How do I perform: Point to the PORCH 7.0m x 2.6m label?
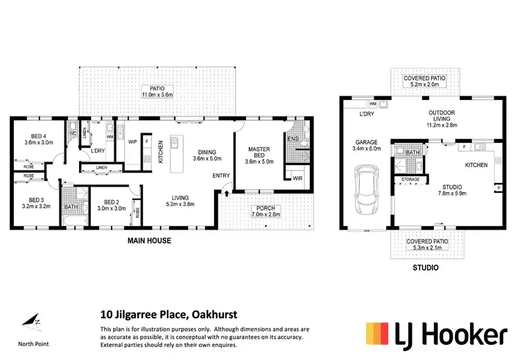click(266, 211)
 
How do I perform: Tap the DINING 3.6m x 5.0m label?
click(207, 155)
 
